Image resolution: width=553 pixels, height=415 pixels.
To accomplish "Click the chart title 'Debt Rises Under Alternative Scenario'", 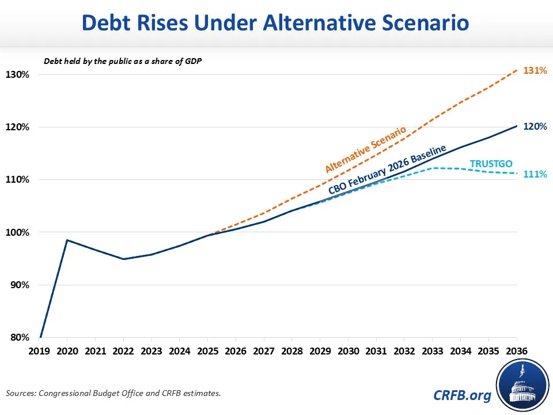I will pyautogui.click(x=276, y=23).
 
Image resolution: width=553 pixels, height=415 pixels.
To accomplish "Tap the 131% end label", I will pyautogui.click(x=535, y=70).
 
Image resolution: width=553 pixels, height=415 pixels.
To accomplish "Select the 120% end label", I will pyautogui.click(x=535, y=126).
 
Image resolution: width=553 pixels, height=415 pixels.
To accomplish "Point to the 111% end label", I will pyautogui.click(x=535, y=173).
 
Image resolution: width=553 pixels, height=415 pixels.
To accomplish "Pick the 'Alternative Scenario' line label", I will pyautogui.click(x=365, y=150).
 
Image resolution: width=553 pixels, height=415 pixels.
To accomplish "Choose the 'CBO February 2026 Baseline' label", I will pyautogui.click(x=387, y=171).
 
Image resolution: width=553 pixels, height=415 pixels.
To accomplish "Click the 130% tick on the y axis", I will pyautogui.click(x=18, y=75).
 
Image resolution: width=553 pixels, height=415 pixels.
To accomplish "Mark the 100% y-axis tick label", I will pyautogui.click(x=18, y=232).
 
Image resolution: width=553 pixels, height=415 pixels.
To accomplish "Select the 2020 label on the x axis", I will pyautogui.click(x=67, y=350).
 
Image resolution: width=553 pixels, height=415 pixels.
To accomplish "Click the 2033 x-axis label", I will pyautogui.click(x=432, y=350).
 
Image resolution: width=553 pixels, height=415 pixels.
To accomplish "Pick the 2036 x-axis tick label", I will pyautogui.click(x=516, y=350).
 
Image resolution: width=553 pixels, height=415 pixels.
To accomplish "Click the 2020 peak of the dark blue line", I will pyautogui.click(x=67, y=240).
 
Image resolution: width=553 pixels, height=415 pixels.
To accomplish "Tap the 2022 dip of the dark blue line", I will pyautogui.click(x=123, y=259).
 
